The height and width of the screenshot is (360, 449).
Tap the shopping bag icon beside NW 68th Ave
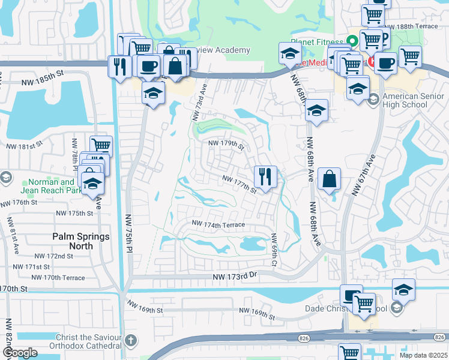(330, 179)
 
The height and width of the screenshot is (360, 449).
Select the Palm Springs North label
(81, 241)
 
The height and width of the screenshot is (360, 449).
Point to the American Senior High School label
(405, 100)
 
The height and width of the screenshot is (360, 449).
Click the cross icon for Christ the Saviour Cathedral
(131, 341)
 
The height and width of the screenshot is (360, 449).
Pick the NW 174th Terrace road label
(219, 224)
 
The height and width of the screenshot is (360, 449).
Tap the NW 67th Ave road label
(364, 175)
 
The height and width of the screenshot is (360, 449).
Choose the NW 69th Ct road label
(274, 250)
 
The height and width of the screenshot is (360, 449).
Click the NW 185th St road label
(43, 73)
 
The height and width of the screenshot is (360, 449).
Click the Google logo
(20, 353)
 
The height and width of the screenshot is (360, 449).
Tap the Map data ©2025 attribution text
(423, 355)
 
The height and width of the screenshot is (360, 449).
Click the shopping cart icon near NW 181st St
(101, 145)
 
